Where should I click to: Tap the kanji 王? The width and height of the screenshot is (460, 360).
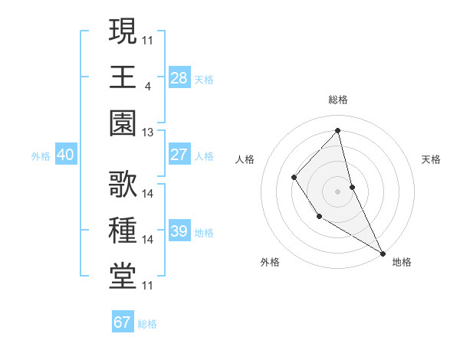[123, 77]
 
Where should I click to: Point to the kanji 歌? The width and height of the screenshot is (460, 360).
[123, 185]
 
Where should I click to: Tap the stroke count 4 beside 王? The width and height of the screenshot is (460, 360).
[147, 87]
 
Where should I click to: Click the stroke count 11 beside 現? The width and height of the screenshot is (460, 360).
[148, 40]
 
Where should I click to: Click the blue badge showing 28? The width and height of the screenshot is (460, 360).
[179, 77]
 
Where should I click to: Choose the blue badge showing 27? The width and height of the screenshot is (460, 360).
[179, 155]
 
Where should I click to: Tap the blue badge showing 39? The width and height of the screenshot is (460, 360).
[179, 231]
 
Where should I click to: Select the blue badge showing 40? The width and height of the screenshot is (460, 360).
[65, 155]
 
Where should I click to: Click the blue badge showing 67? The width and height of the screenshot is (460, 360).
[122, 322]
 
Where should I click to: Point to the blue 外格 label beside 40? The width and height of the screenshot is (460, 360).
[41, 156]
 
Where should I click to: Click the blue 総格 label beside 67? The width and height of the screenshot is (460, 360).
[148, 324]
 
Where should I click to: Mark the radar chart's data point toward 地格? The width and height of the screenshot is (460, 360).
[383, 253]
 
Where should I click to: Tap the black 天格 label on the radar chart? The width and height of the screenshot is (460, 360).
[432, 159]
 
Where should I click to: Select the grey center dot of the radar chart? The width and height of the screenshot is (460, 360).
[338, 191]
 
